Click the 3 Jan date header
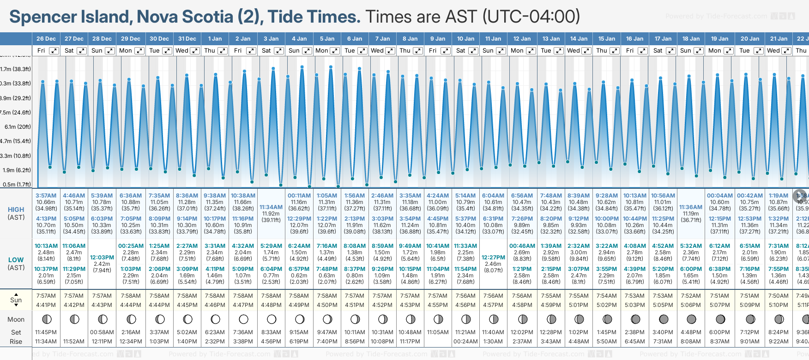[271, 39]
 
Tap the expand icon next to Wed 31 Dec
[195, 51]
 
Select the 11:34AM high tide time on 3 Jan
[271, 207]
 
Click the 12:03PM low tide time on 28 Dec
[102, 257]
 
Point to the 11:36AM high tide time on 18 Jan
[691, 207]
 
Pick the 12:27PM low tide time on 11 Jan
[493, 257]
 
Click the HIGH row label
[16, 210]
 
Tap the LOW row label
[16, 260]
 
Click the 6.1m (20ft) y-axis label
[18, 126]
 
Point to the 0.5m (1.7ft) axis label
[17, 184]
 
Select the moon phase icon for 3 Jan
[272, 319]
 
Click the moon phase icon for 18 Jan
[691, 319]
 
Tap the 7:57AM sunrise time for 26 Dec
[46, 296]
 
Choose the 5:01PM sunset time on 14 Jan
[579, 305]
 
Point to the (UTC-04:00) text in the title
[531, 17]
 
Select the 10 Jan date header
[465, 39]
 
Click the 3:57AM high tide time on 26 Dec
[46, 196]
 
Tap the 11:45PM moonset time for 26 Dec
[46, 332]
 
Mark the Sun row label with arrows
[16, 300]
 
